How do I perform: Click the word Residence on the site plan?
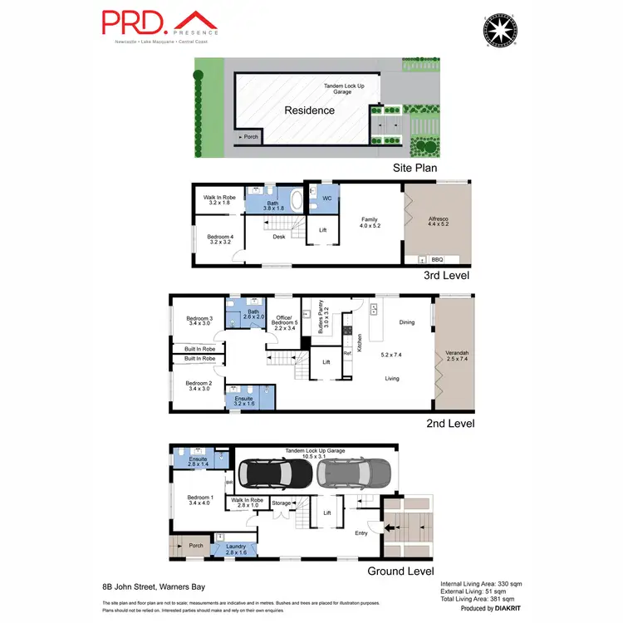(x=310, y=110)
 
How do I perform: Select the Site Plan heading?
(x=415, y=167)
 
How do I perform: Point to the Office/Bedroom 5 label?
(x=284, y=322)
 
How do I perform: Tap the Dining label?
(x=406, y=322)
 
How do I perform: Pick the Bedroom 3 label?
(x=200, y=321)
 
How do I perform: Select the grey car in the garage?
(x=352, y=473)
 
